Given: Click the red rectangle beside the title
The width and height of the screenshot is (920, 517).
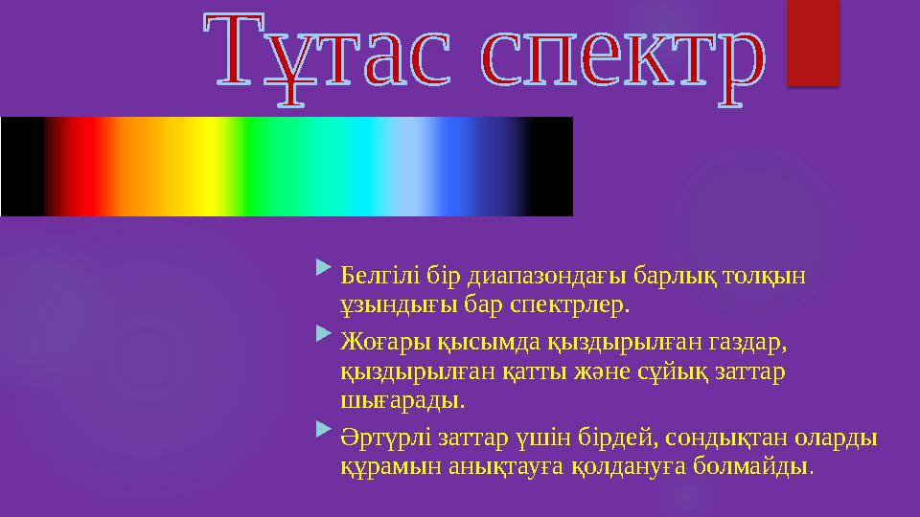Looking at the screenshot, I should [x=812, y=42].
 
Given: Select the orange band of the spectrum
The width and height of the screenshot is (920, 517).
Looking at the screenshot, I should [x=144, y=167].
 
